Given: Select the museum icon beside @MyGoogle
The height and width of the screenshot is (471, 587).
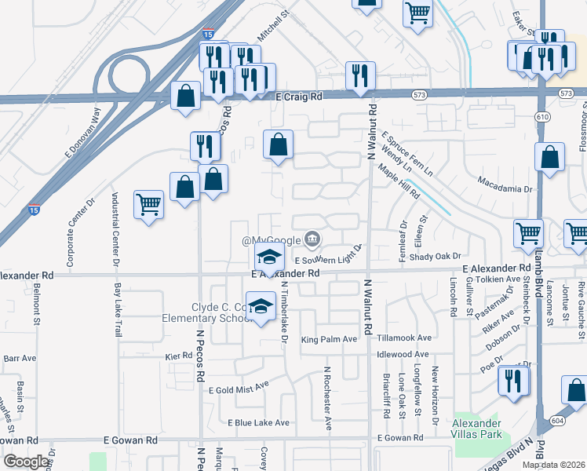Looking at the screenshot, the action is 312,239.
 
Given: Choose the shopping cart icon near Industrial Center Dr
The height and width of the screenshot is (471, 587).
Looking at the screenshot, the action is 148,205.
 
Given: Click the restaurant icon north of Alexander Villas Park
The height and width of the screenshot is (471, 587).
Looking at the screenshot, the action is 514,382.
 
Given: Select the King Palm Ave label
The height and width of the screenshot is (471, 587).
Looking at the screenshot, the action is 329,339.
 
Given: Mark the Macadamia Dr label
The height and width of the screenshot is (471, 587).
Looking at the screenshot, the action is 505,189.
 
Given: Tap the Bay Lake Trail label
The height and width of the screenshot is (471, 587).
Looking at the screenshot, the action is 118,310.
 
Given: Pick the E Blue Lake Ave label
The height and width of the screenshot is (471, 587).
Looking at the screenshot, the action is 258,422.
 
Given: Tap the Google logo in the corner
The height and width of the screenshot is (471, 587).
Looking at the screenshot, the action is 27,461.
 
